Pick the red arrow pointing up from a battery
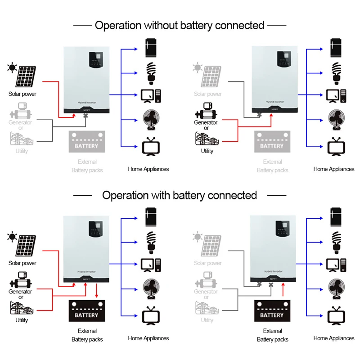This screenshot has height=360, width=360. (x=283, y=290)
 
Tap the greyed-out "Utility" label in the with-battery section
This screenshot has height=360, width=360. (x=207, y=320)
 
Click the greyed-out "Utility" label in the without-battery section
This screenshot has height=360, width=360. (x=22, y=151)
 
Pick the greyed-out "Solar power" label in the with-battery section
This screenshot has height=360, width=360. (x=208, y=263)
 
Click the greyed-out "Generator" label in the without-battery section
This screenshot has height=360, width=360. (x=20, y=122)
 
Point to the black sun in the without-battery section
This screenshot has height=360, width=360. (x=11, y=68)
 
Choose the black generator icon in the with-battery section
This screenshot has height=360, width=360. (x=20, y=279)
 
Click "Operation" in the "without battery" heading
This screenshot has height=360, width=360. (x=118, y=26)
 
